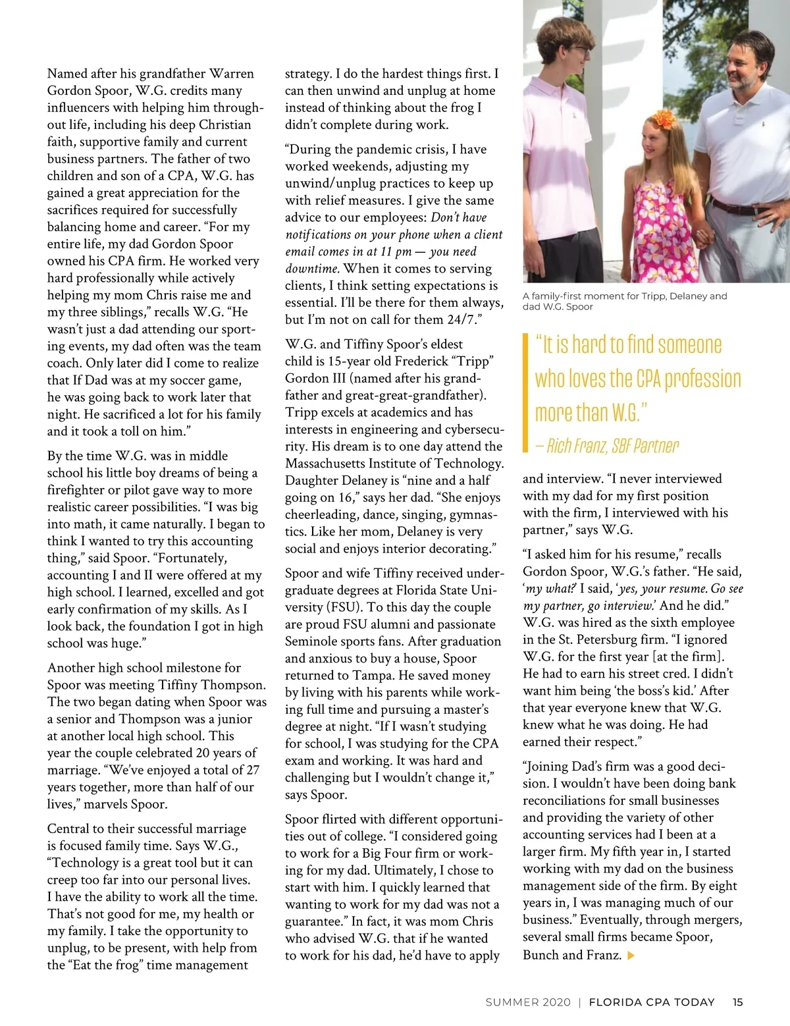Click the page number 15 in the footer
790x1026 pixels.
pos(737,1002)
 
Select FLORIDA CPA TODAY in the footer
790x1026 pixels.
pos(651,1002)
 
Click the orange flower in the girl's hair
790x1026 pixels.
pos(662,121)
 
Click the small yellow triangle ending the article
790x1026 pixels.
pos(632,955)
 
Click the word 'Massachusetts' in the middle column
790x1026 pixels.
pos(329,464)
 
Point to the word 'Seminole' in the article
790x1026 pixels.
pos(311,641)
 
